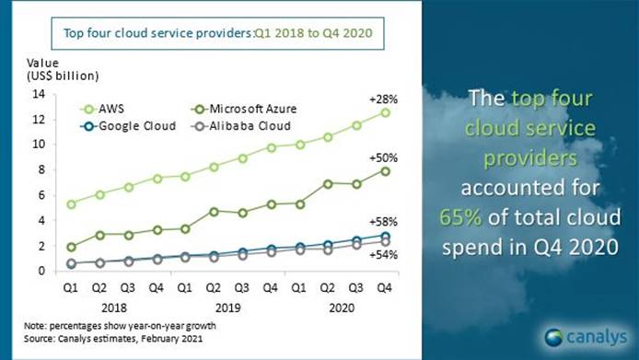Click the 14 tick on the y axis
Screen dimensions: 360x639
[38, 93]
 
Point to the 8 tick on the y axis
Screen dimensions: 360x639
[41, 169]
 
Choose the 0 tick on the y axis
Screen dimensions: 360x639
[41, 271]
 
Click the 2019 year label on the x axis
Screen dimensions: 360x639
[225, 305]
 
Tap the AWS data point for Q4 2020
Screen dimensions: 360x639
[385, 112]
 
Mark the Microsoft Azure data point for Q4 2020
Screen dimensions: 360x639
[385, 170]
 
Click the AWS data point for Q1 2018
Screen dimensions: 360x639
[73, 203]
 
